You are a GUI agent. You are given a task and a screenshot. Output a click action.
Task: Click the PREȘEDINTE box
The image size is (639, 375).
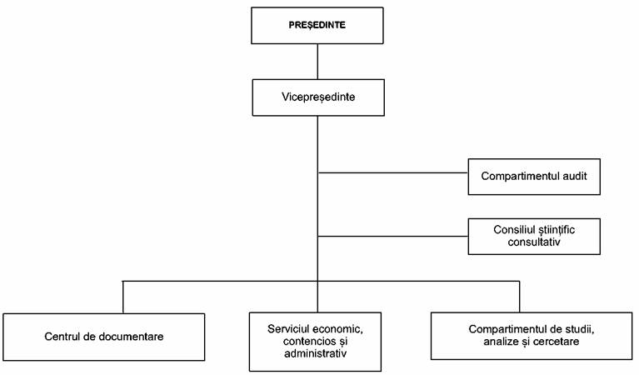tap(317, 25)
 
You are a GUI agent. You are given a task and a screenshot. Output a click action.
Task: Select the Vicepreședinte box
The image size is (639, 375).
tap(318, 97)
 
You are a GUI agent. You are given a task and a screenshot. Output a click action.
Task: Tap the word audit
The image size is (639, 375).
tap(575, 176)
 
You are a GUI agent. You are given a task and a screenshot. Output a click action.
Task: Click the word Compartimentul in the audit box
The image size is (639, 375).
tap(520, 176)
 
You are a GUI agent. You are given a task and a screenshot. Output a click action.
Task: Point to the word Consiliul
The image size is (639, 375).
tap(511, 229)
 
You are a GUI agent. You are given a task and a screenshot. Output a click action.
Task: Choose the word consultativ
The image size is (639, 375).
tap(534, 242)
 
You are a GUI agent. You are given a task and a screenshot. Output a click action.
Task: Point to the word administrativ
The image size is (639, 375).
tap(316, 353)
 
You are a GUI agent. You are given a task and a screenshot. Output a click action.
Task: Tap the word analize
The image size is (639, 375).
tap(501, 341)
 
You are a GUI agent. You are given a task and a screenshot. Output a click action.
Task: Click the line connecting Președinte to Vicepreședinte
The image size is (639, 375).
tap(317, 62)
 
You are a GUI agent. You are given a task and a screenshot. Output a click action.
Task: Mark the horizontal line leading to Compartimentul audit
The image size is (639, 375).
tap(393, 172)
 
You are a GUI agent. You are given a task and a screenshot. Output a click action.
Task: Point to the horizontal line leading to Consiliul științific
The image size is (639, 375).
tap(393, 236)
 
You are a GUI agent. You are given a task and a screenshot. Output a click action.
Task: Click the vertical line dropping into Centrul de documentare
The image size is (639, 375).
tap(123, 297)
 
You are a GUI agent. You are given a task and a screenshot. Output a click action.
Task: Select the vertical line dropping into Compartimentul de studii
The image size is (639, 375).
tap(520, 297)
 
